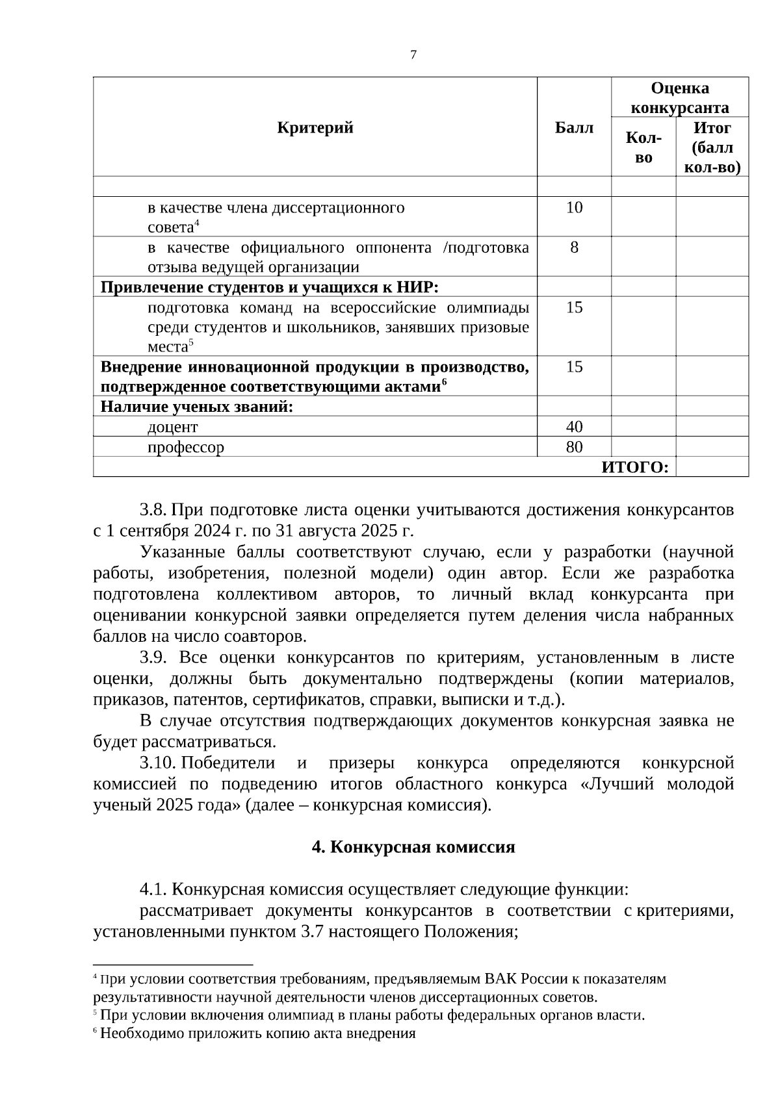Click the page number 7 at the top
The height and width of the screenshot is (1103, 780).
413,55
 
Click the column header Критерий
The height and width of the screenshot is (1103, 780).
315,127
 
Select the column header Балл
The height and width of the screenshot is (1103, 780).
574,127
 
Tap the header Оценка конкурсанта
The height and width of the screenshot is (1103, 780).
680,97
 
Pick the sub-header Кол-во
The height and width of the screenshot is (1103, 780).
643,147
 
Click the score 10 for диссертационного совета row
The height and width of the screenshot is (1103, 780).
574,208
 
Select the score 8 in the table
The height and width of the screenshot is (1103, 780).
574,247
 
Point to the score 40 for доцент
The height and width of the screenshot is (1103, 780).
574,427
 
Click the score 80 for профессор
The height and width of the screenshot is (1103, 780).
574,447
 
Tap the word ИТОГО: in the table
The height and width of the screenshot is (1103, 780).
635,468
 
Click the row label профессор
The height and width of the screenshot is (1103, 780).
186,448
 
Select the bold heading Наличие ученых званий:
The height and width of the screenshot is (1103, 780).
197,407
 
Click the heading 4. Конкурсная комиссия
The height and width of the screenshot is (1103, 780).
413,847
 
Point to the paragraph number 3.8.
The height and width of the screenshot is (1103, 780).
154,510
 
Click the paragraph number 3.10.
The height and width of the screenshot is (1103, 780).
158,763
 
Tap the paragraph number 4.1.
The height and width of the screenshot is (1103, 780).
154,889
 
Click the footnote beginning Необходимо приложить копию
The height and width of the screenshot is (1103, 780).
257,1033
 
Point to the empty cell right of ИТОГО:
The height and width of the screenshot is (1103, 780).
712,468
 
